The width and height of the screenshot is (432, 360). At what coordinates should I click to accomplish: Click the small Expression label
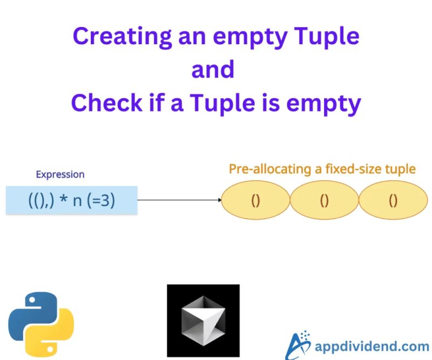[60, 175]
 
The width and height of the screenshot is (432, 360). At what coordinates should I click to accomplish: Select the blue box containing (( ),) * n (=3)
[71, 200]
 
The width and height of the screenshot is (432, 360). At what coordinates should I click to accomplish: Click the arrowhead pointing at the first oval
[219, 200]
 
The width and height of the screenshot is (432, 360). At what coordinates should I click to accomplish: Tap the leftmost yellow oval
[256, 200]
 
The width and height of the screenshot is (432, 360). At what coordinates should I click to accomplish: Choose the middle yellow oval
[325, 200]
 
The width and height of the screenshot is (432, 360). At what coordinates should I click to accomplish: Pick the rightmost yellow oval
[393, 200]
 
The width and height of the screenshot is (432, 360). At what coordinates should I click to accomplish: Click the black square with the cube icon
[203, 321]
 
